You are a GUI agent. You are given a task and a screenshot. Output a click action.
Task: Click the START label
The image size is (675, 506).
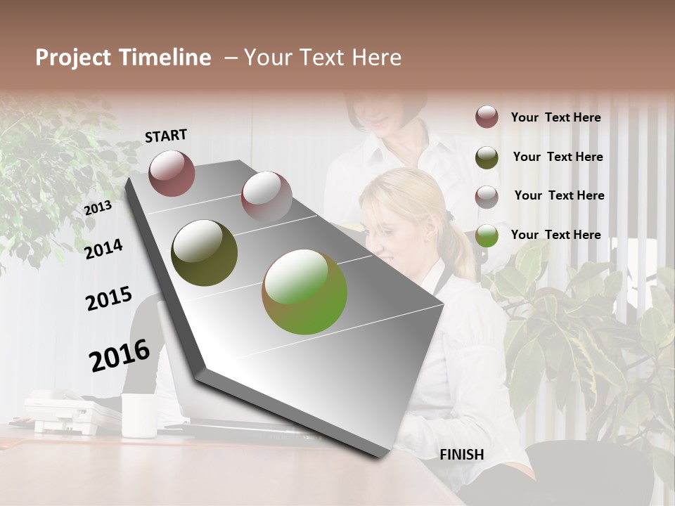pos(166,136)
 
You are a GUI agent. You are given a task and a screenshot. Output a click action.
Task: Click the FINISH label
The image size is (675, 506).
pos(461,455)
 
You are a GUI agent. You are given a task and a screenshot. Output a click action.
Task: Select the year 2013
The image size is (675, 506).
pos(98,208)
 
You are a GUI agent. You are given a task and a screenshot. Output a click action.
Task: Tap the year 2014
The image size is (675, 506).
pos(104,249)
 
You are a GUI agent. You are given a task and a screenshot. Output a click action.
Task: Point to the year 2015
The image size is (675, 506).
pos(109,299)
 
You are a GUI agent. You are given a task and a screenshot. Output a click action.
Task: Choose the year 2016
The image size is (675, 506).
pos(120,356)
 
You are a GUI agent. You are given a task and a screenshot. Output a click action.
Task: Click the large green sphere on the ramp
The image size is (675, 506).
pos(304,292)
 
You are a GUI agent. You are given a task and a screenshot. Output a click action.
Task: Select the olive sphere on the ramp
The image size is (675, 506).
pos(204,253)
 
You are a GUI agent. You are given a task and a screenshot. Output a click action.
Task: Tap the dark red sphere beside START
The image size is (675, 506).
pos(172,173)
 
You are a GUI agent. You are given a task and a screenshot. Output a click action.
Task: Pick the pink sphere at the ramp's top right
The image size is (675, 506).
pos(266,196)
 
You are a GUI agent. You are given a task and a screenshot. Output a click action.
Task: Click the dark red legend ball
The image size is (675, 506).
pos(487,117)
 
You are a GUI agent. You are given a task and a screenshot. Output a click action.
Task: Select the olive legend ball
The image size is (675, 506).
pos(487,157)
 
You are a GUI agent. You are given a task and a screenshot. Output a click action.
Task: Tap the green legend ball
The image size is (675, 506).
pos(487,235)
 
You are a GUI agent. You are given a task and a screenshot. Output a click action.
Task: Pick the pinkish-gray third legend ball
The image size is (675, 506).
pos(487,197)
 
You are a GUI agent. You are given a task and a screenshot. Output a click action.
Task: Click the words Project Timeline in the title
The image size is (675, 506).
pos(123,58)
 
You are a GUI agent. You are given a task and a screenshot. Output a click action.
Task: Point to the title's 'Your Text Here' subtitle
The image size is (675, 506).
pos(323,58)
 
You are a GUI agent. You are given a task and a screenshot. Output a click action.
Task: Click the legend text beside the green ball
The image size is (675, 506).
pos(555,235)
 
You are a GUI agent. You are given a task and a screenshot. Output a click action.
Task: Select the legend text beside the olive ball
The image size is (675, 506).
pos(558,157)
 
